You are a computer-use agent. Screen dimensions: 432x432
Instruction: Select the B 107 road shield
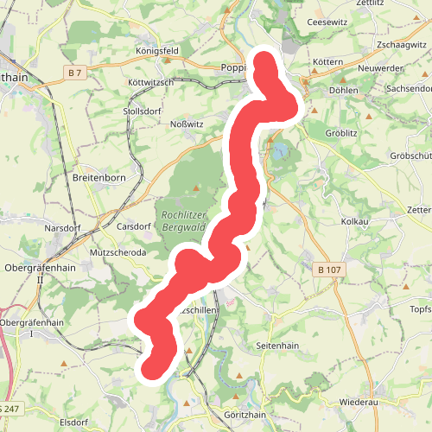pos(330,270)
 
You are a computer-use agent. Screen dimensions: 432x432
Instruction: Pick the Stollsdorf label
pos(143,111)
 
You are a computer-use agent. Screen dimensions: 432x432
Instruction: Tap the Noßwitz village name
pos(184,124)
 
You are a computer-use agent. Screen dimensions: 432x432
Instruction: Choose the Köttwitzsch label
pos(150,82)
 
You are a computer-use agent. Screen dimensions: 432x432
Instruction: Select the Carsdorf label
pos(134,228)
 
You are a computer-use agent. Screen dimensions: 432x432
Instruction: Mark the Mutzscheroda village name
pos(118,253)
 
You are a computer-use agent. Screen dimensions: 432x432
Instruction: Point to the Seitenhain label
pos(278,346)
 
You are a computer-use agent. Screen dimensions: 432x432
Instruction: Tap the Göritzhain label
pos(242,415)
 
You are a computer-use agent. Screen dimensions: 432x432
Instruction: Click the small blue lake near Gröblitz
pos(281,153)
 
